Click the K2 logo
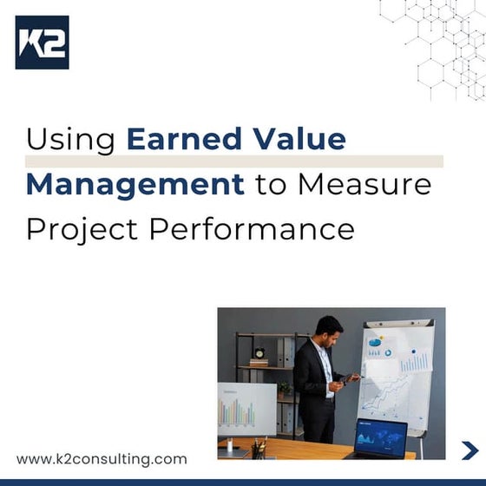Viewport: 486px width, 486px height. (x=42, y=42)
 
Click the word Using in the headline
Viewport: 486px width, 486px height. (x=72, y=140)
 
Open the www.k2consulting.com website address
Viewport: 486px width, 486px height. (x=102, y=458)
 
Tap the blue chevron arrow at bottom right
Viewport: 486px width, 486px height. (x=470, y=450)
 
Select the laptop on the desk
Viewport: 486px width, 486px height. (x=380, y=437)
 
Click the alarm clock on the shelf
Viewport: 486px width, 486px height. (x=259, y=353)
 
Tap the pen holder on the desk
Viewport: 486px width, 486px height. (x=259, y=448)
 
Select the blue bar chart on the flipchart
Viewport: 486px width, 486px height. (x=414, y=360)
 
